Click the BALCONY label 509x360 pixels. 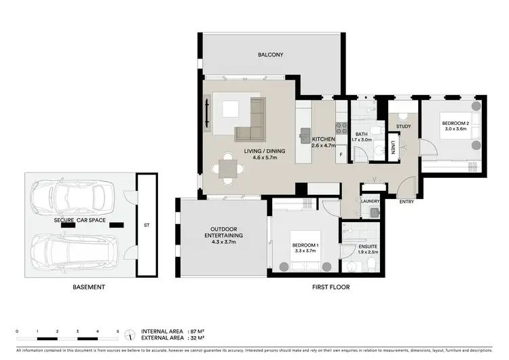[269, 54]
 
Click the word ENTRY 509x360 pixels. [407, 202]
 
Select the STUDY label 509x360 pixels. [403, 126]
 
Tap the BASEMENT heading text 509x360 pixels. [89, 287]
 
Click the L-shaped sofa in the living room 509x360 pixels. [252, 121]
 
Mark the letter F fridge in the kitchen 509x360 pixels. [341, 155]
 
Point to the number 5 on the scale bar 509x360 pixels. [118, 331]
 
